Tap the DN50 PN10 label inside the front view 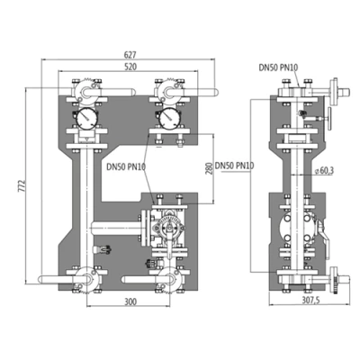pos(127,166)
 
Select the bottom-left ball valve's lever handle pos(56,280)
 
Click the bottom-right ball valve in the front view pos(167,278)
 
